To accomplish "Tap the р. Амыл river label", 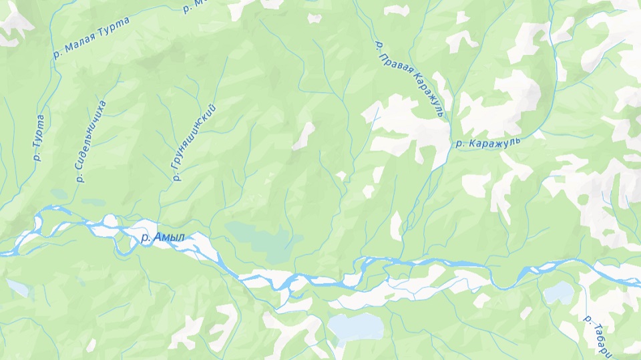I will [x=162, y=238].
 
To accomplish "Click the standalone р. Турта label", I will [x=39, y=138].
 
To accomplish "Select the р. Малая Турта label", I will [x=93, y=38].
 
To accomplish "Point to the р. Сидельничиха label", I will [x=91, y=141].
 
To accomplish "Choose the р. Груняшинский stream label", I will [x=195, y=142].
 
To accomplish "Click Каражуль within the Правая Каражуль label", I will [x=426, y=96].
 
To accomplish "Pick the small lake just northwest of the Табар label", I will [x=558, y=293].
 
